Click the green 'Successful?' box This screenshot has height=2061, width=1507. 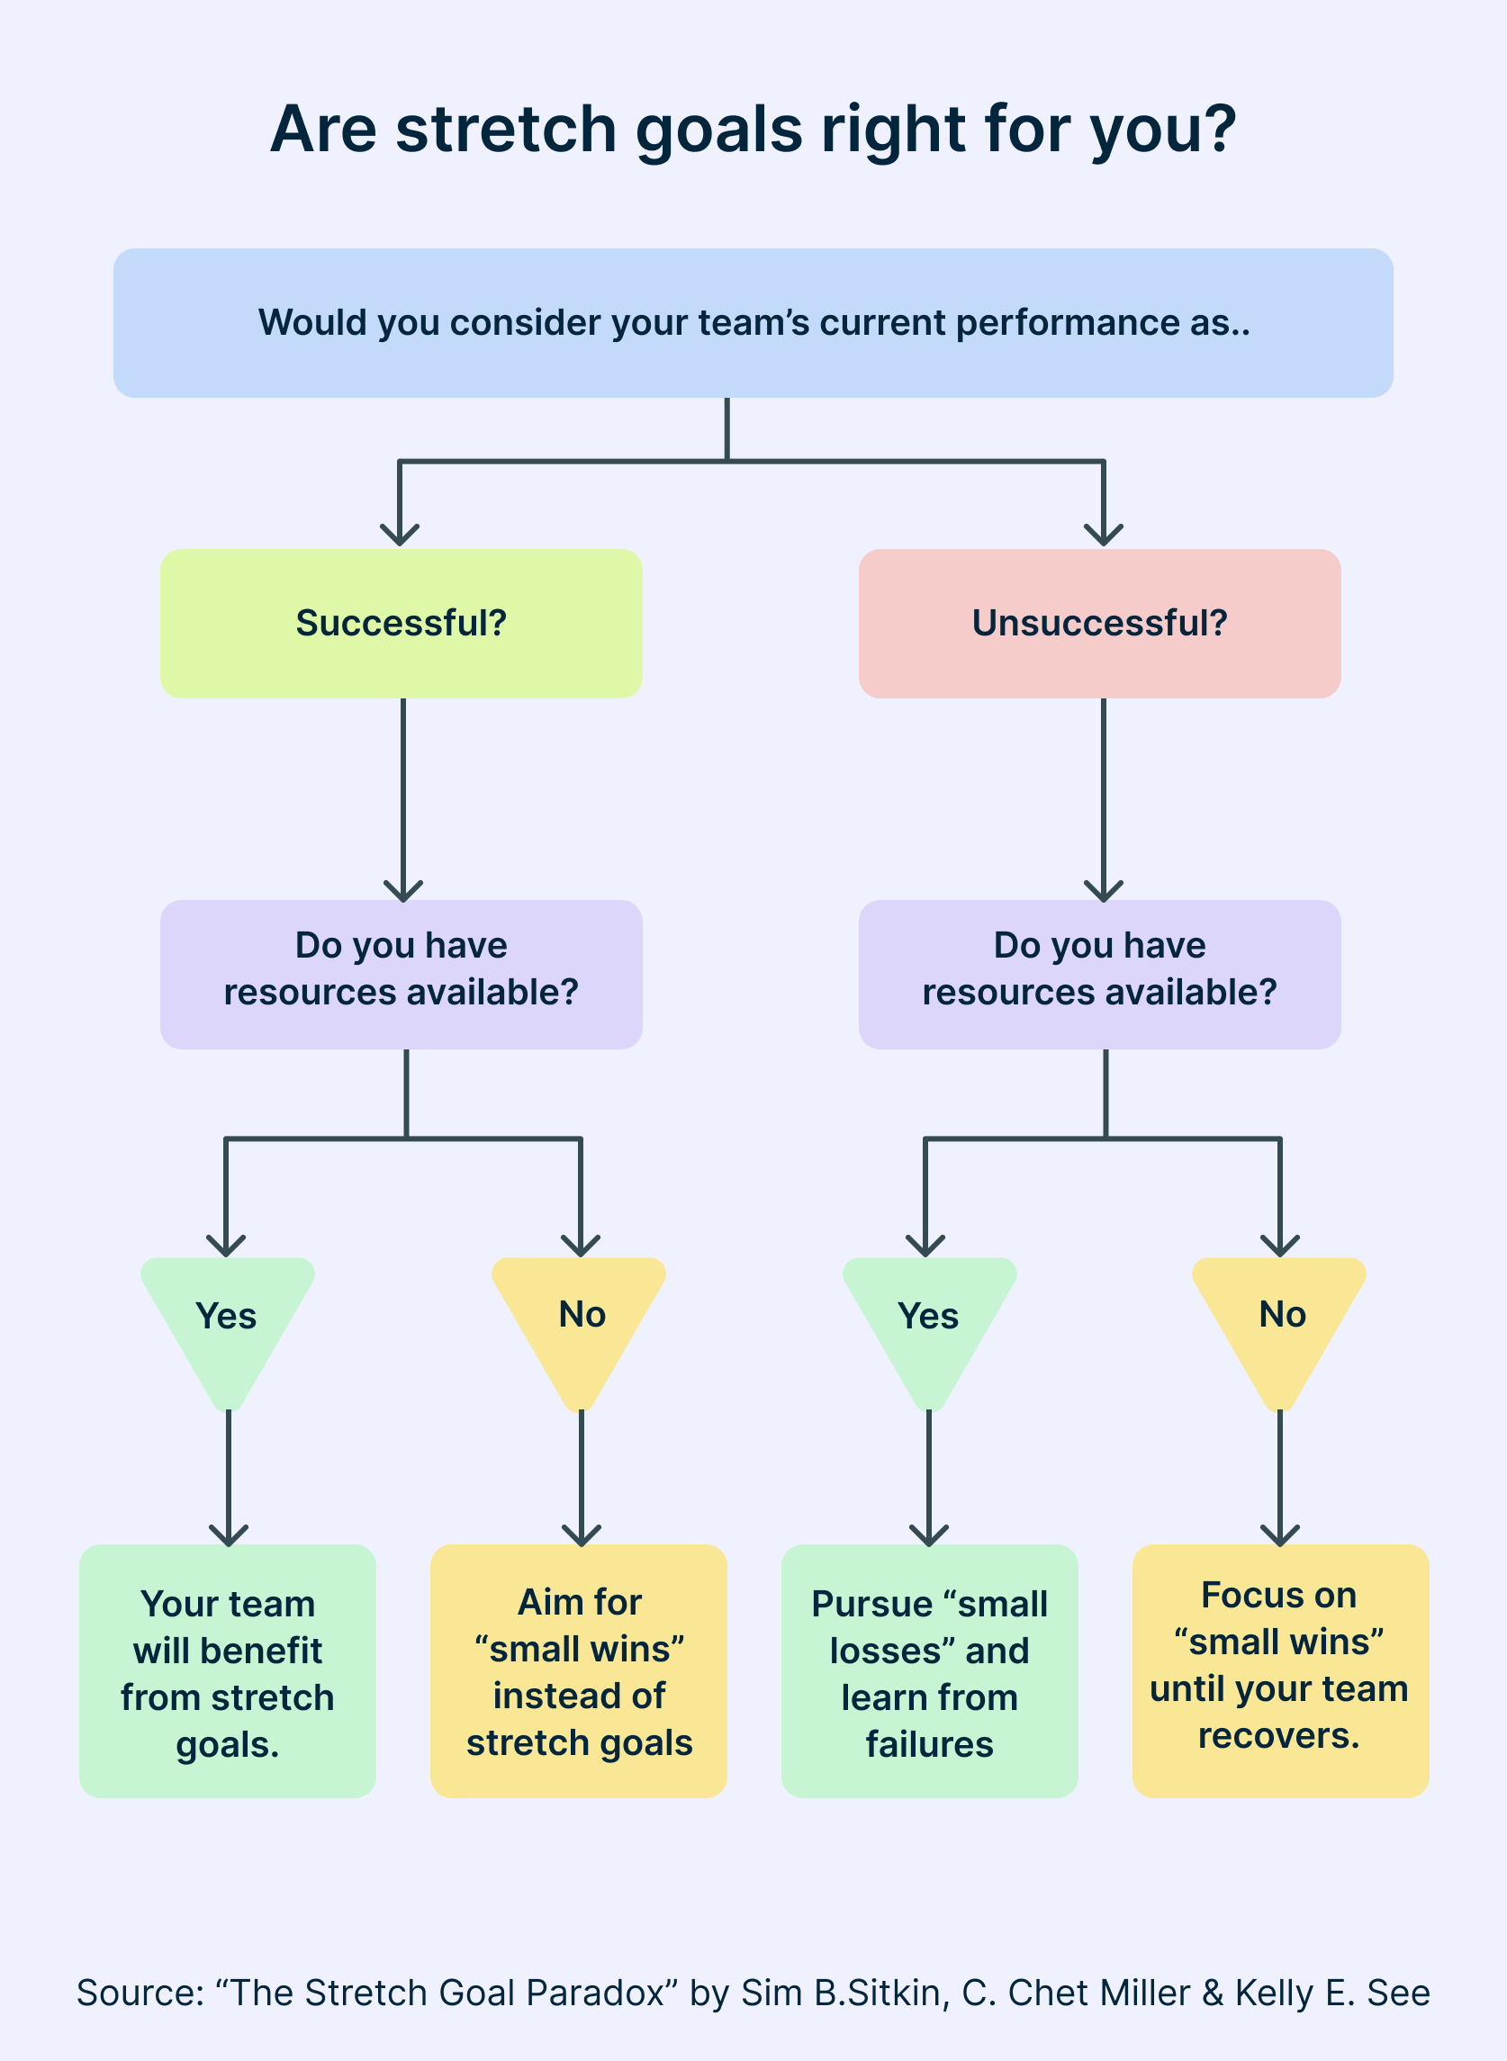coord(402,624)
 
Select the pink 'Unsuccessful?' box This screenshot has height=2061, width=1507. coord(1099,624)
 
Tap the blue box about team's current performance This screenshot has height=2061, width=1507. coord(753,323)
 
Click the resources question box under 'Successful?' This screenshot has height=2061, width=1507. coord(402,974)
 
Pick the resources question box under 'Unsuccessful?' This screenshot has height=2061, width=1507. coord(1099,974)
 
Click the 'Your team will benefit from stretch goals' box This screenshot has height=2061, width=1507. coord(227,1672)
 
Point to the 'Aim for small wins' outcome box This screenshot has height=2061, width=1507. coord(579,1672)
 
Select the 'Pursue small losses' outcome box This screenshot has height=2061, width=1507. coord(929,1672)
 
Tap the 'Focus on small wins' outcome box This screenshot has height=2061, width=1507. coord(1280,1672)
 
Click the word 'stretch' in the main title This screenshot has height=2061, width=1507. coord(506,129)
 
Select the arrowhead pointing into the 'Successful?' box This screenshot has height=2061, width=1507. coord(400,535)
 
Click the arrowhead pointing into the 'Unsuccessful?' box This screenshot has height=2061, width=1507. coord(1104,535)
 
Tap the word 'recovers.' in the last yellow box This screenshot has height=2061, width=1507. coord(1279,1736)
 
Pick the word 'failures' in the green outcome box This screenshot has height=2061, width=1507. coord(929,1744)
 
